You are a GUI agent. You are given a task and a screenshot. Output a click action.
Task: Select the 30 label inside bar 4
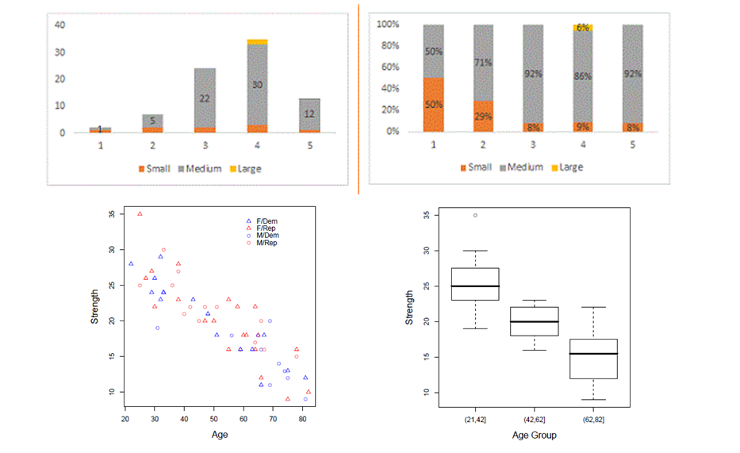[257, 85]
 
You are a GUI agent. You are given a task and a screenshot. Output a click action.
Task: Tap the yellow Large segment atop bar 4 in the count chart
[257, 41]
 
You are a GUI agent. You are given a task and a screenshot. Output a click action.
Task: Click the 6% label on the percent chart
[583, 28]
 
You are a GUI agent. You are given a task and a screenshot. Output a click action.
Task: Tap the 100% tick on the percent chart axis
[399, 25]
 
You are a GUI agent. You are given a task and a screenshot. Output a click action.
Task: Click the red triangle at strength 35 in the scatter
[140, 213]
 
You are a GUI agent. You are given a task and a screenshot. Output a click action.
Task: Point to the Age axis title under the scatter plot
[220, 435]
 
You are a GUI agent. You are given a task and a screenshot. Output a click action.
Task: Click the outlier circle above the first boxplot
[475, 215]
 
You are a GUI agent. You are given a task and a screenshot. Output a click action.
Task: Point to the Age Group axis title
[534, 435]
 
